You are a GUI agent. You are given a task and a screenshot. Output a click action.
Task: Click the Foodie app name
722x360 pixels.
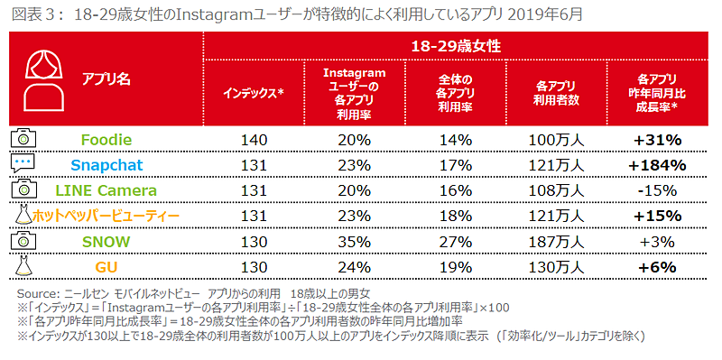pyautogui.click(x=106, y=139)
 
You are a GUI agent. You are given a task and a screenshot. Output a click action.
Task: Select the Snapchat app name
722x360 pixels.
pyautogui.click(x=106, y=164)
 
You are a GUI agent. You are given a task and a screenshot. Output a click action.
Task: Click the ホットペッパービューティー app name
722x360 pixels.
pyautogui.click(x=106, y=216)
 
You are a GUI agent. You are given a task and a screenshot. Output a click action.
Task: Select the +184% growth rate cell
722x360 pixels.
pyautogui.click(x=658, y=164)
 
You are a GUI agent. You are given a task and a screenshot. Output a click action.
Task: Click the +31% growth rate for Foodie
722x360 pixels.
pyautogui.click(x=658, y=139)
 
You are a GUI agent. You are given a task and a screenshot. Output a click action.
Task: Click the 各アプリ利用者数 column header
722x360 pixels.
pyautogui.click(x=556, y=92)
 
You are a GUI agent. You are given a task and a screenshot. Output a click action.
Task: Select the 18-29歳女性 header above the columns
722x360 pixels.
pyautogui.click(x=456, y=45)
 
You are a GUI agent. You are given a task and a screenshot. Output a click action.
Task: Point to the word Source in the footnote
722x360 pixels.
pyautogui.click(x=37, y=295)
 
